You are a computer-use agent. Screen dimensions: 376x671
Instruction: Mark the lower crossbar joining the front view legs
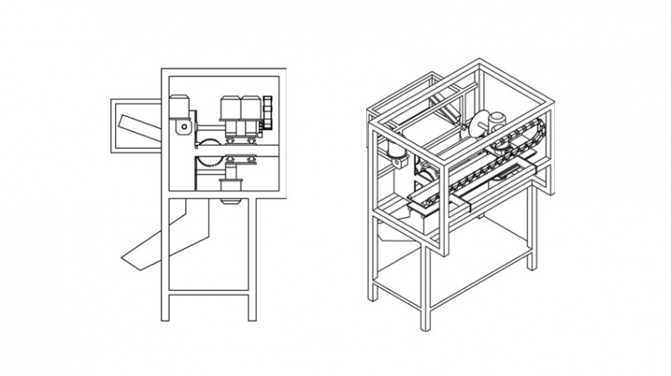tap(211, 293)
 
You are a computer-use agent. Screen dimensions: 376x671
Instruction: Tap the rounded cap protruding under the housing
tap(227, 201)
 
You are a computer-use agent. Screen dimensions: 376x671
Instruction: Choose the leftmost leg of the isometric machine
tap(374, 259)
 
